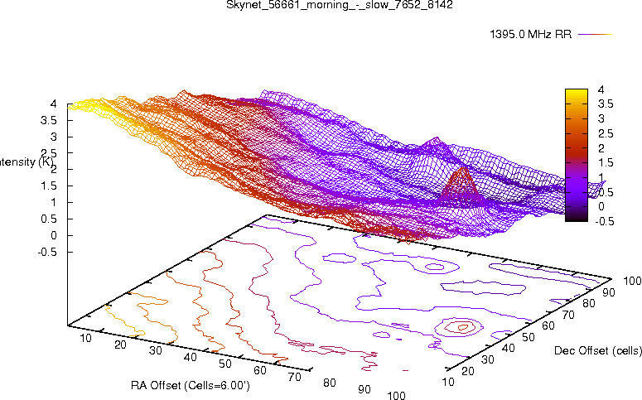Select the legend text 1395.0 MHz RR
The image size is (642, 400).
530,35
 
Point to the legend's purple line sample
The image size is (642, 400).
594,35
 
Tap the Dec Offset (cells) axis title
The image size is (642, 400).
596,351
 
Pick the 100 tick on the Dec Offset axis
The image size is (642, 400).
632,282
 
